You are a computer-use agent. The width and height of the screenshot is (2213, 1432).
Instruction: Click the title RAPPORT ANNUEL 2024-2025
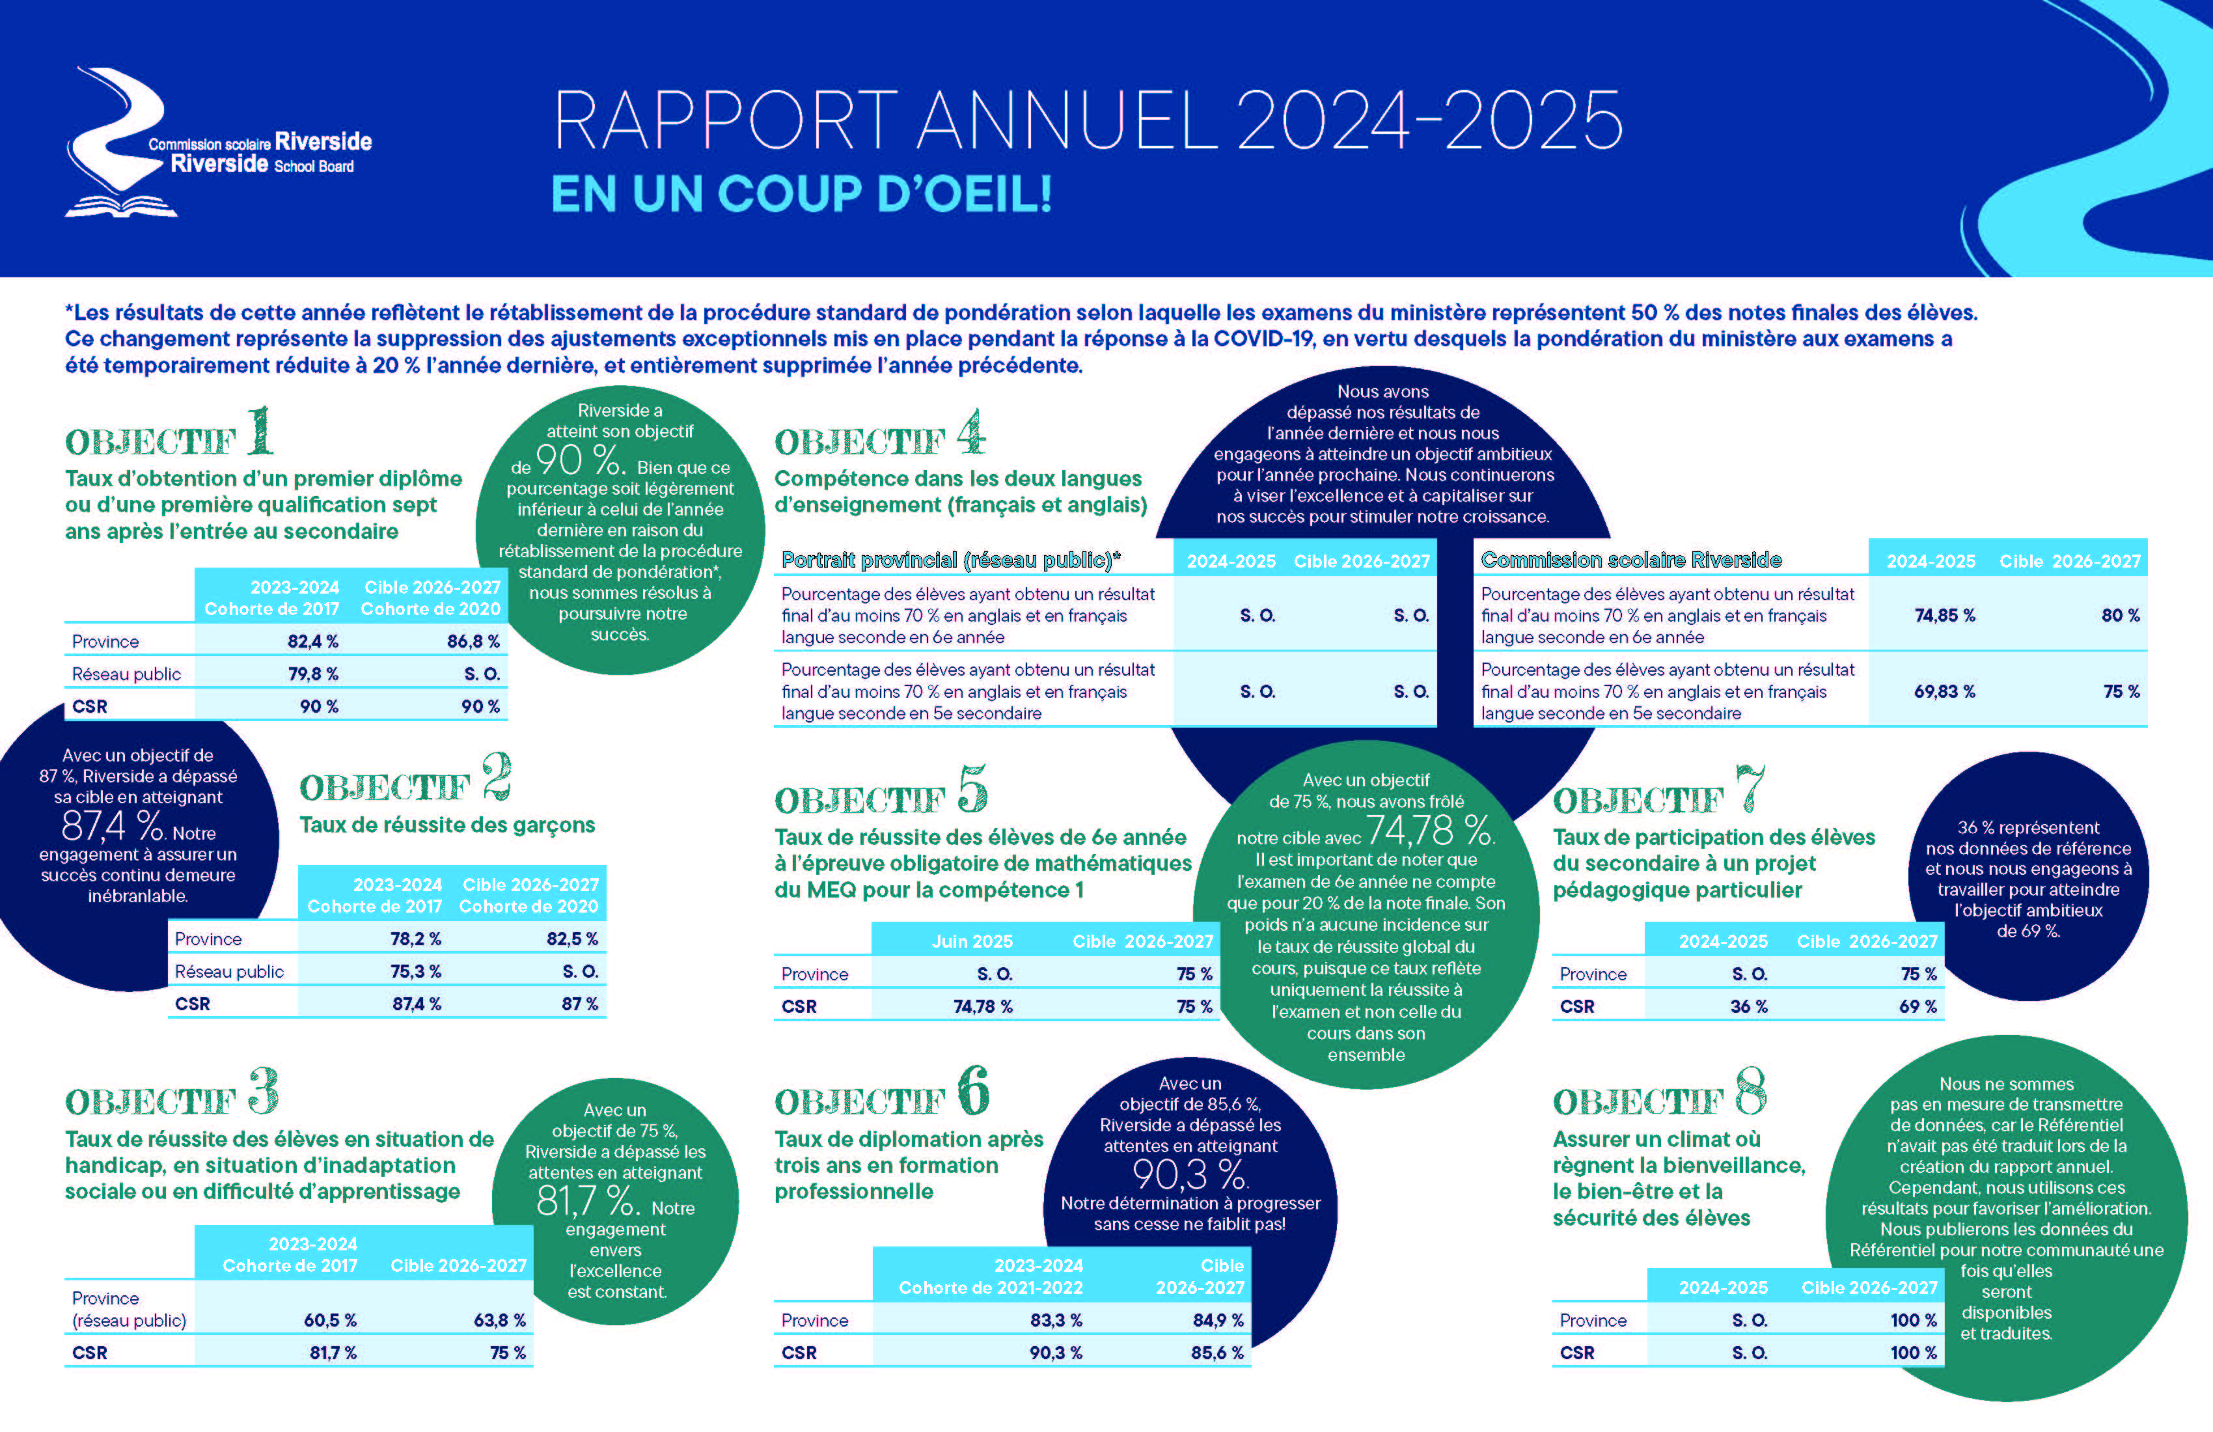coord(1088,121)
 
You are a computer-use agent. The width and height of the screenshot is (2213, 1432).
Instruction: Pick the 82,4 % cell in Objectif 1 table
coord(312,642)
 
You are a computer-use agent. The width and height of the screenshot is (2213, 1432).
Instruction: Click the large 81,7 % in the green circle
coord(588,1202)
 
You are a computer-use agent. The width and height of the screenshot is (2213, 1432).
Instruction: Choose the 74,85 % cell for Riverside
coord(1944,616)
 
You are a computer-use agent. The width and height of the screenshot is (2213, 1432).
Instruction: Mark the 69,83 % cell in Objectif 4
coord(1944,692)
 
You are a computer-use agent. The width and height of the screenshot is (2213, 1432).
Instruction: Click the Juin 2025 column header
coord(972,941)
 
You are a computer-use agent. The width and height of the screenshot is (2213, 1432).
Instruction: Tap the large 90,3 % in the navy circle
coord(1190,1176)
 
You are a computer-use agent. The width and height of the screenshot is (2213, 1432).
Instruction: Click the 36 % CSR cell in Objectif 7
coord(1748,1006)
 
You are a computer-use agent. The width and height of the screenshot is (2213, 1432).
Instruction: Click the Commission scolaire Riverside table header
coord(1631,560)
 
